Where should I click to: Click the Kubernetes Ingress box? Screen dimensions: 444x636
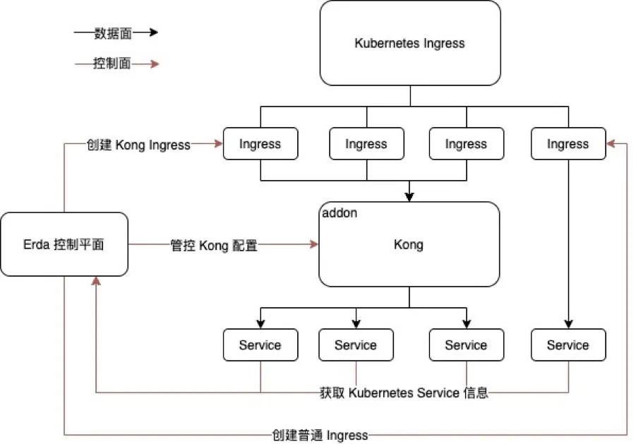(410, 43)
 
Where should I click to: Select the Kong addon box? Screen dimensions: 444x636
(409, 244)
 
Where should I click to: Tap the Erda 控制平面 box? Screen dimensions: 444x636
(64, 244)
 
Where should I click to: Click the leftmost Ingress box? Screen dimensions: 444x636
(260, 144)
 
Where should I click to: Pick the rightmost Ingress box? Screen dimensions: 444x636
(568, 144)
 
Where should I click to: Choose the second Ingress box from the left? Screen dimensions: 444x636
(366, 144)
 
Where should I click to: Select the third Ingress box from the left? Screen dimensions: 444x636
(466, 144)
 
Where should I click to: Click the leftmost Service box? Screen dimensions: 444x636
(260, 345)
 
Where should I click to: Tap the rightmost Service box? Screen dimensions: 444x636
(568, 345)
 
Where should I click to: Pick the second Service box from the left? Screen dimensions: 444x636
(356, 345)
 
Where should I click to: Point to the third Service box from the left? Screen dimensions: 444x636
(466, 345)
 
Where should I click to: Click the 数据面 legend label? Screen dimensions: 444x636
(112, 33)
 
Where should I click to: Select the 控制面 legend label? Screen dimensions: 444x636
(112, 64)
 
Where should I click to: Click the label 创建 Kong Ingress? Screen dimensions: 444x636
(138, 145)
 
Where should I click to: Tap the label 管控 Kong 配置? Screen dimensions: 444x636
(214, 245)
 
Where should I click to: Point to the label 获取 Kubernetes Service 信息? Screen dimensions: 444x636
(404, 392)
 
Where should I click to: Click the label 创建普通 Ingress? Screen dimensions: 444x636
(320, 435)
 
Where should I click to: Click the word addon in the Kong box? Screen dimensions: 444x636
(339, 212)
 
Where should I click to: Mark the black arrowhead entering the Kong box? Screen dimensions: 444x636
(409, 197)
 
